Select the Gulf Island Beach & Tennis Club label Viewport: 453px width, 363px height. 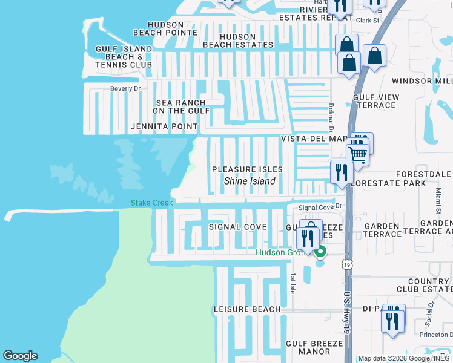point(124,56)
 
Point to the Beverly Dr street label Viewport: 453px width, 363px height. point(125,88)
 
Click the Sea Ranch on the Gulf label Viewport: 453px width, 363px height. point(180,107)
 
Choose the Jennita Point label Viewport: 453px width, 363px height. point(164,126)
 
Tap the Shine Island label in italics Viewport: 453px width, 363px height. point(250,181)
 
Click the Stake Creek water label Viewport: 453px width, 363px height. point(151,203)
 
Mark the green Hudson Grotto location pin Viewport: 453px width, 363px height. point(321,252)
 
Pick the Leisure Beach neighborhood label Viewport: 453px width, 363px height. point(247,309)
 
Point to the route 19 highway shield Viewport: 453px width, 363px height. point(346,264)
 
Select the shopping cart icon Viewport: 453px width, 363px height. point(357,154)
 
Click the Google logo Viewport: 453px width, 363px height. point(20,356)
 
